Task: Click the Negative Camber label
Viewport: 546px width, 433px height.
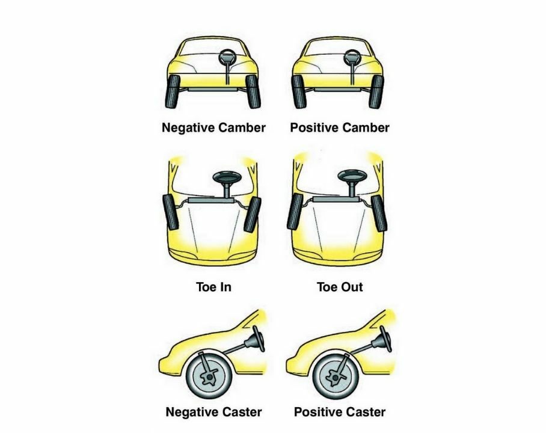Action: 213,127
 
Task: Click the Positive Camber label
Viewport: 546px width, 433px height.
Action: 340,127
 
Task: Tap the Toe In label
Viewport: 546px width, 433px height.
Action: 213,287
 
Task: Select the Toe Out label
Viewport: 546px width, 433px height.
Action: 340,287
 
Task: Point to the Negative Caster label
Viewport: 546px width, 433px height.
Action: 213,412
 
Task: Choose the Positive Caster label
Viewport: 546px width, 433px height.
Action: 340,412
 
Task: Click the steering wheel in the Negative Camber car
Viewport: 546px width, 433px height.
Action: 228,57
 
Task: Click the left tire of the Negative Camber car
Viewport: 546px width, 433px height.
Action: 172,91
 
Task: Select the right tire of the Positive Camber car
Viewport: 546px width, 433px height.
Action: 376,91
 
